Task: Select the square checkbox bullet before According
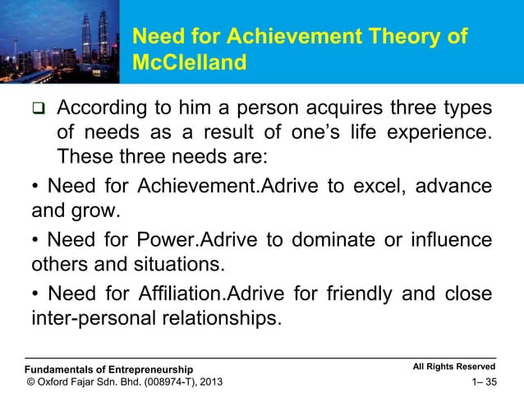pyautogui.click(x=38, y=110)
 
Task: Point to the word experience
pyautogui.click(x=444, y=132)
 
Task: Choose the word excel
pyautogui.click(x=374, y=187)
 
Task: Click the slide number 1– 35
pyautogui.click(x=480, y=381)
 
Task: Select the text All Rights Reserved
pyautogui.click(x=454, y=366)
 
